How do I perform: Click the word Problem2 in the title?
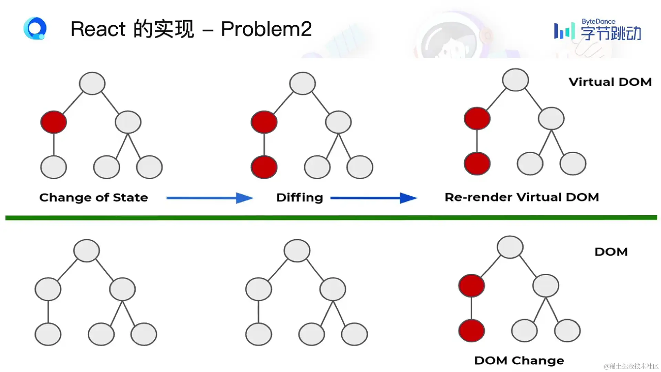click(x=266, y=29)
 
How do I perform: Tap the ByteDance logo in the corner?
click(x=597, y=30)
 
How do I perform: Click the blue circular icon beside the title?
click(x=35, y=28)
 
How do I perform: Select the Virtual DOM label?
click(x=610, y=82)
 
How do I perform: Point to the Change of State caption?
click(x=93, y=197)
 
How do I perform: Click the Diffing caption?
click(x=300, y=197)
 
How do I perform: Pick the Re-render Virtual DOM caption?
click(x=522, y=197)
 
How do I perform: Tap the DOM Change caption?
click(x=519, y=360)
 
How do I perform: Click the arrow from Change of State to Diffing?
click(x=210, y=198)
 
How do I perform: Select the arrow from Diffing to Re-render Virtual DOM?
click(x=374, y=198)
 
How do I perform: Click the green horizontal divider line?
click(x=330, y=218)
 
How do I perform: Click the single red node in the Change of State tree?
click(x=54, y=122)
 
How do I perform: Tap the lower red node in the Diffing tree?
click(x=264, y=167)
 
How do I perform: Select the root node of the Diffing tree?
click(x=303, y=83)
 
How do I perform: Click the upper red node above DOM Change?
click(x=471, y=286)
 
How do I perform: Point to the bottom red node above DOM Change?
click(x=471, y=331)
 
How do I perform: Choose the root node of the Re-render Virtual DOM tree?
click(x=515, y=80)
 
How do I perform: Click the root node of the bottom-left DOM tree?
click(x=87, y=250)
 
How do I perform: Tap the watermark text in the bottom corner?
click(x=631, y=366)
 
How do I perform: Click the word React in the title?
click(x=98, y=29)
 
